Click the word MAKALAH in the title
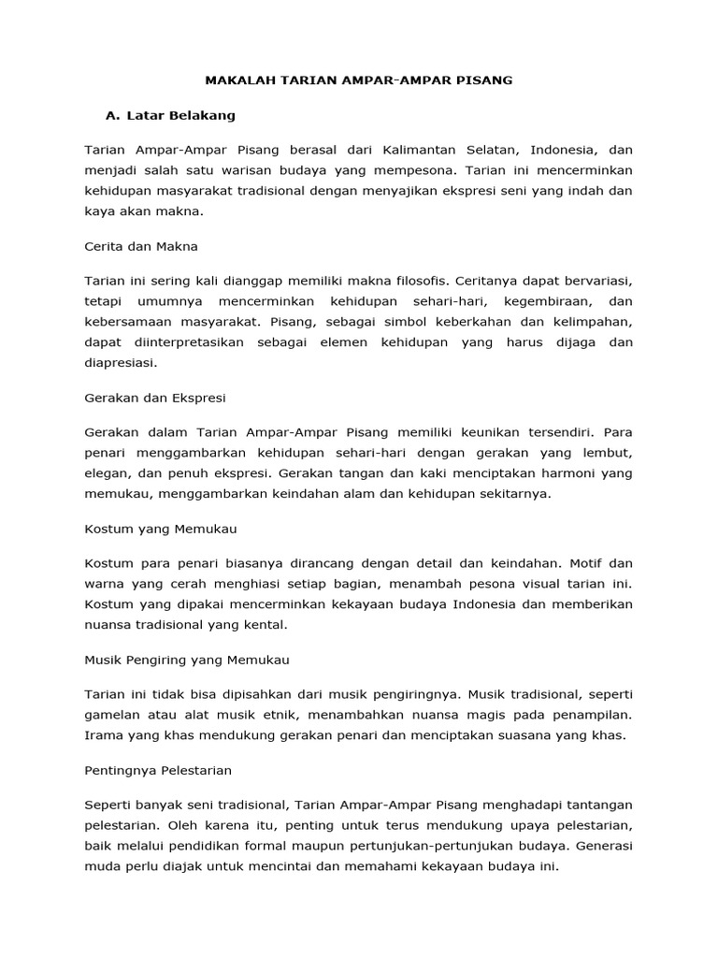tap(237, 81)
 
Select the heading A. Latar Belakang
tap(170, 116)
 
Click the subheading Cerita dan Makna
tap(141, 246)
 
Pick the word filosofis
tap(414, 281)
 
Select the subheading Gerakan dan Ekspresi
tap(154, 398)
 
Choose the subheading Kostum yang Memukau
tap(161, 529)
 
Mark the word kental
tap(291, 625)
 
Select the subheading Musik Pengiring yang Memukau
tap(187, 660)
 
